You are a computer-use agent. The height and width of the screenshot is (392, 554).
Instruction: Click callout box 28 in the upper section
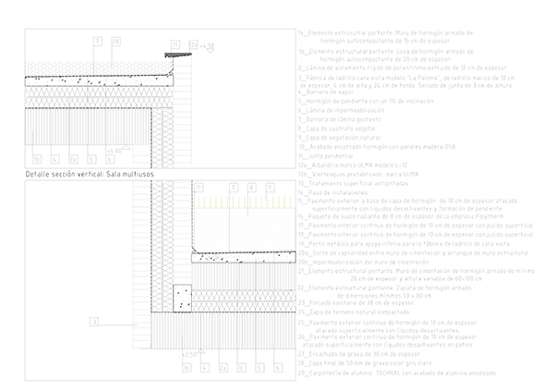coord(116,43)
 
